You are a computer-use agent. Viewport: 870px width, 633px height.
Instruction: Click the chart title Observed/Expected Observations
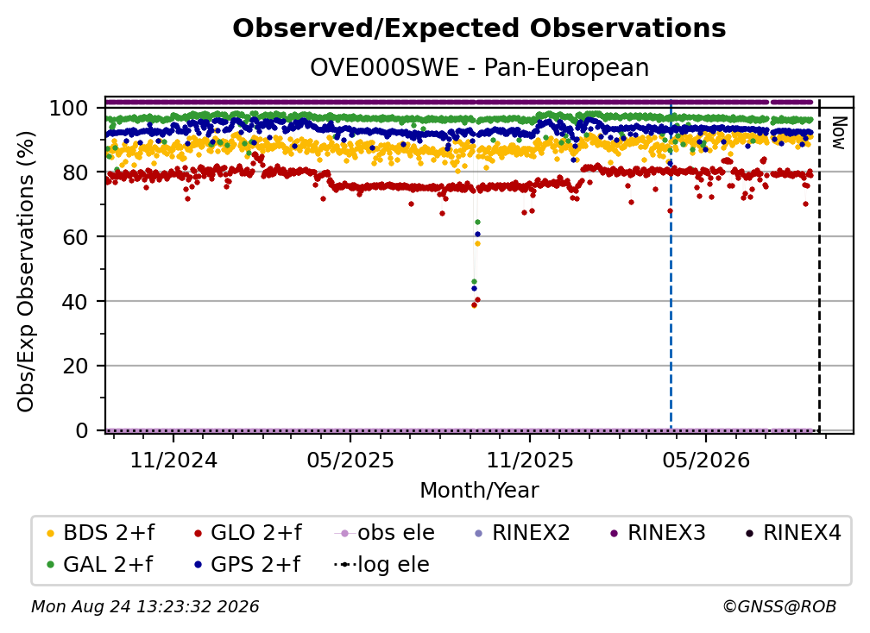(479, 28)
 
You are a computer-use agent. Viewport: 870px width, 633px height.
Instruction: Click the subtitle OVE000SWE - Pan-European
(479, 68)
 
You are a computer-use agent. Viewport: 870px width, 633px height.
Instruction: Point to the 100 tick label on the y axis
(69, 108)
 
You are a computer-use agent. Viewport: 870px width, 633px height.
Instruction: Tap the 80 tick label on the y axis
(75, 172)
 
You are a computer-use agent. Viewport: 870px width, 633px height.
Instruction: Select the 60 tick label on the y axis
(75, 236)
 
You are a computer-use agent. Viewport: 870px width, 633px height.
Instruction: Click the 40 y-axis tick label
(75, 302)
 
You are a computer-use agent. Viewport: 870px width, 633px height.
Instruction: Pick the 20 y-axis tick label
(75, 366)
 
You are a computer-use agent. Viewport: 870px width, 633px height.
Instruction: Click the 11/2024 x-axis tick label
(173, 460)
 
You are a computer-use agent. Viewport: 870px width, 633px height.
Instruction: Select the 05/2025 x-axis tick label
(350, 460)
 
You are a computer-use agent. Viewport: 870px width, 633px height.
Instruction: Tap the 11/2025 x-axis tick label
(530, 460)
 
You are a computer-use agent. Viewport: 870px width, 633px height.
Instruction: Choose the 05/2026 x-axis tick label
(706, 460)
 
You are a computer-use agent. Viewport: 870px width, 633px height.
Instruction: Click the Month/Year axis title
(479, 491)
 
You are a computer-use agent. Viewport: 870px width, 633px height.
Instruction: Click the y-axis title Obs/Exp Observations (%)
(26, 272)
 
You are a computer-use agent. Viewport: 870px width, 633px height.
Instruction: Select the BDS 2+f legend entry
(100, 533)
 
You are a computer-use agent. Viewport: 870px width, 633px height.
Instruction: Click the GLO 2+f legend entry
(248, 533)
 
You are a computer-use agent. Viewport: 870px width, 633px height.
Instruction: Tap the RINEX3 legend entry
(658, 533)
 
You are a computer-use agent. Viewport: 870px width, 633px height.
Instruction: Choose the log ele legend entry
(381, 565)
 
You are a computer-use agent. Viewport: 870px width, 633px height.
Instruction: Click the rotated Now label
(838, 133)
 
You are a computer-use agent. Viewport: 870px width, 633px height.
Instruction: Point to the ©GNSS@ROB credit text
(779, 607)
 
